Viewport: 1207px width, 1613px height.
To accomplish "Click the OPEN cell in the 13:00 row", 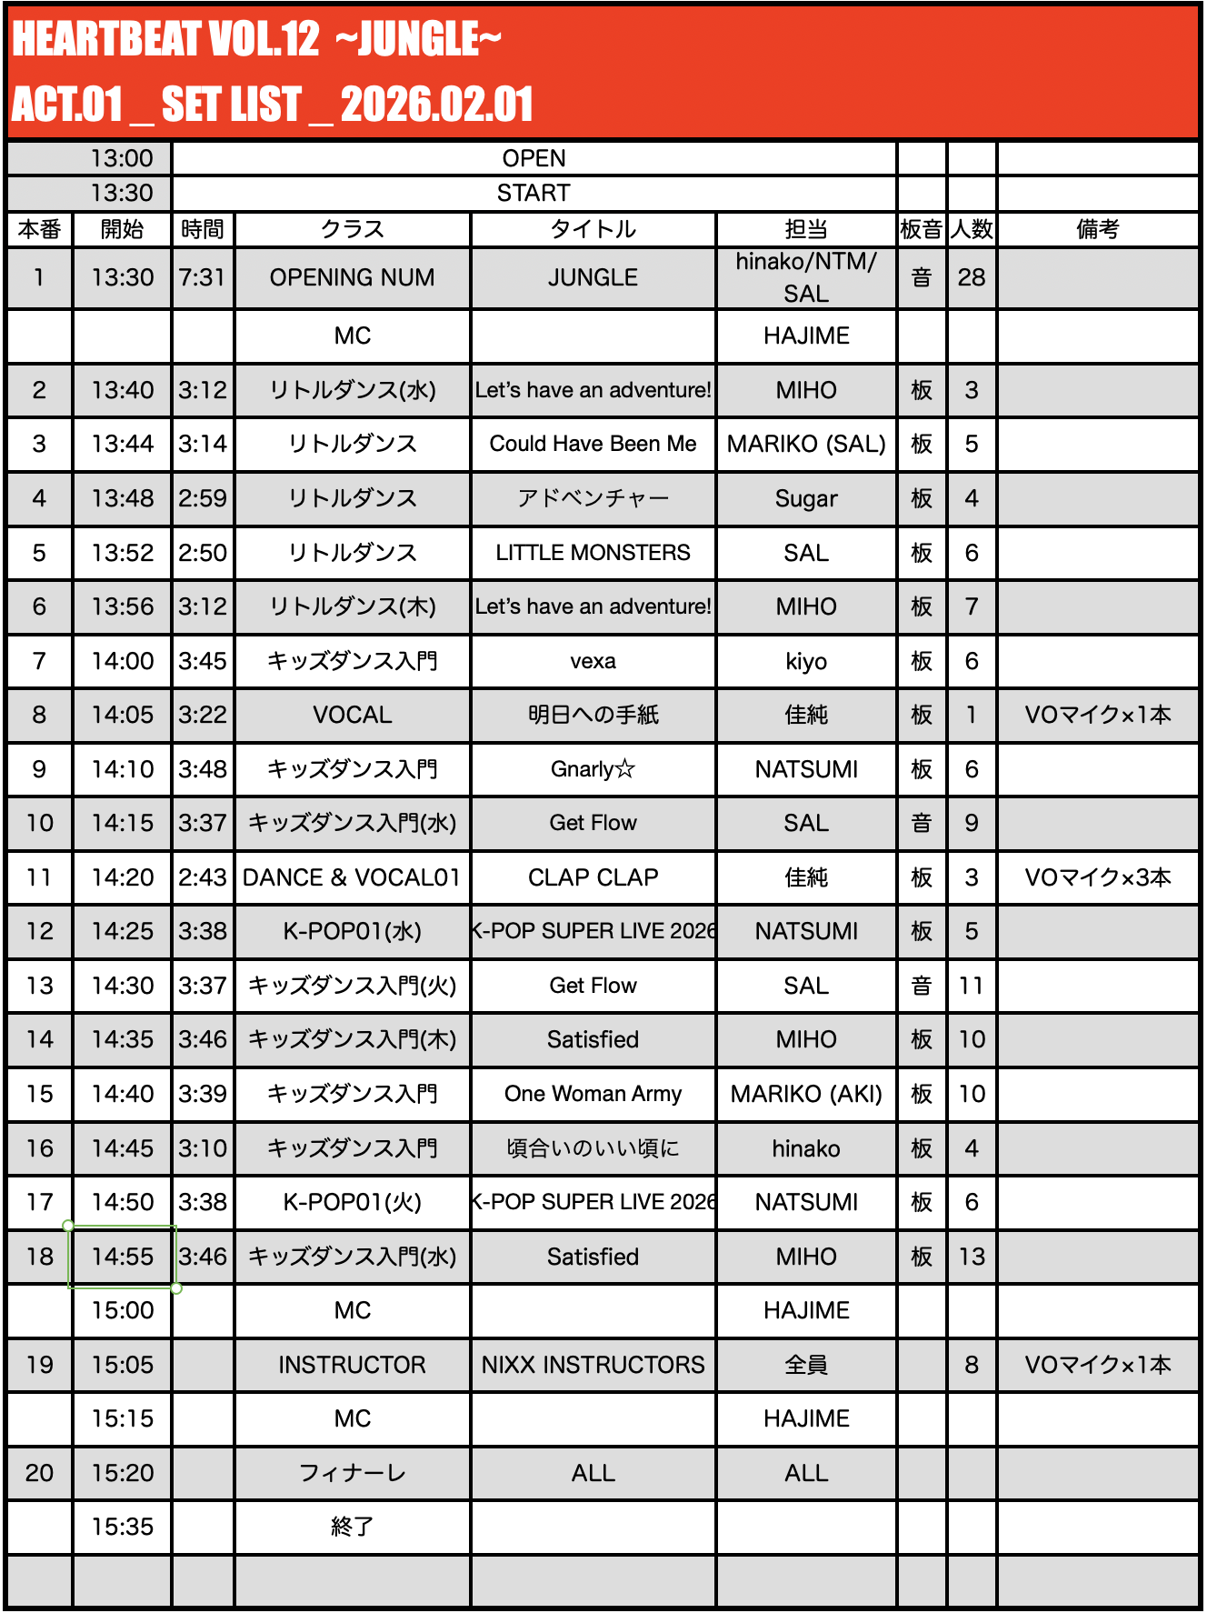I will (x=534, y=158).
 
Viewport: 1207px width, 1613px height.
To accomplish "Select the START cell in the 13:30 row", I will (x=534, y=193).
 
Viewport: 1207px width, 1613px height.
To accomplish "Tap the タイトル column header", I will (x=593, y=229).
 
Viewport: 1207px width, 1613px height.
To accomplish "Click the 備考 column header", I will (x=1097, y=229).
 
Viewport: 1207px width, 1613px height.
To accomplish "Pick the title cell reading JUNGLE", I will (x=593, y=277).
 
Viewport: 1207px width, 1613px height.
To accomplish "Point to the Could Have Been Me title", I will (x=593, y=444).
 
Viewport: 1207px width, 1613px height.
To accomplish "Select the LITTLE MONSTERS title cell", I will (x=593, y=553).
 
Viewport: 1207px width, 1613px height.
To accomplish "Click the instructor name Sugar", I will (x=806, y=498).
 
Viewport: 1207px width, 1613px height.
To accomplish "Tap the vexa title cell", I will (x=593, y=661).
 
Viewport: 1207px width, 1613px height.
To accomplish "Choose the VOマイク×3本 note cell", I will (x=1097, y=877).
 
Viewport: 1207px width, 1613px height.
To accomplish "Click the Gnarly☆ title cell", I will (x=593, y=769).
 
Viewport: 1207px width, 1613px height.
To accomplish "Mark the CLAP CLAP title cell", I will (x=593, y=877).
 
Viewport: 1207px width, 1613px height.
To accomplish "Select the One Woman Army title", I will (x=593, y=1094).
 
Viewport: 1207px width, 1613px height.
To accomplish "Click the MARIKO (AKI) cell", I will (x=806, y=1094).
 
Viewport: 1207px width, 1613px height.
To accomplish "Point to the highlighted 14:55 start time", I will (x=123, y=1257).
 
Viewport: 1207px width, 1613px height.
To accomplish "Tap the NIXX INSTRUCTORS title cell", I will (x=593, y=1365).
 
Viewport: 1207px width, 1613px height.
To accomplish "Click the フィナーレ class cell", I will (x=353, y=1473).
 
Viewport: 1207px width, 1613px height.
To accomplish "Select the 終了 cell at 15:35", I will (x=353, y=1527).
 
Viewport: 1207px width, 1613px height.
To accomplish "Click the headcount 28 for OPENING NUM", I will (x=971, y=277).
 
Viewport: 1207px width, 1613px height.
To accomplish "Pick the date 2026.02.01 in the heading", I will (x=436, y=105).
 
